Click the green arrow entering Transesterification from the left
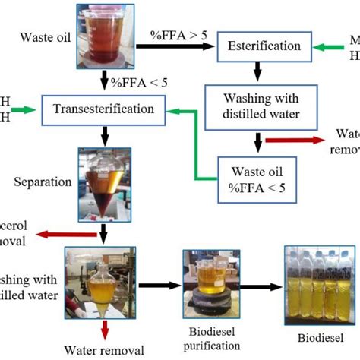pyautogui.click(x=24, y=111)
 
